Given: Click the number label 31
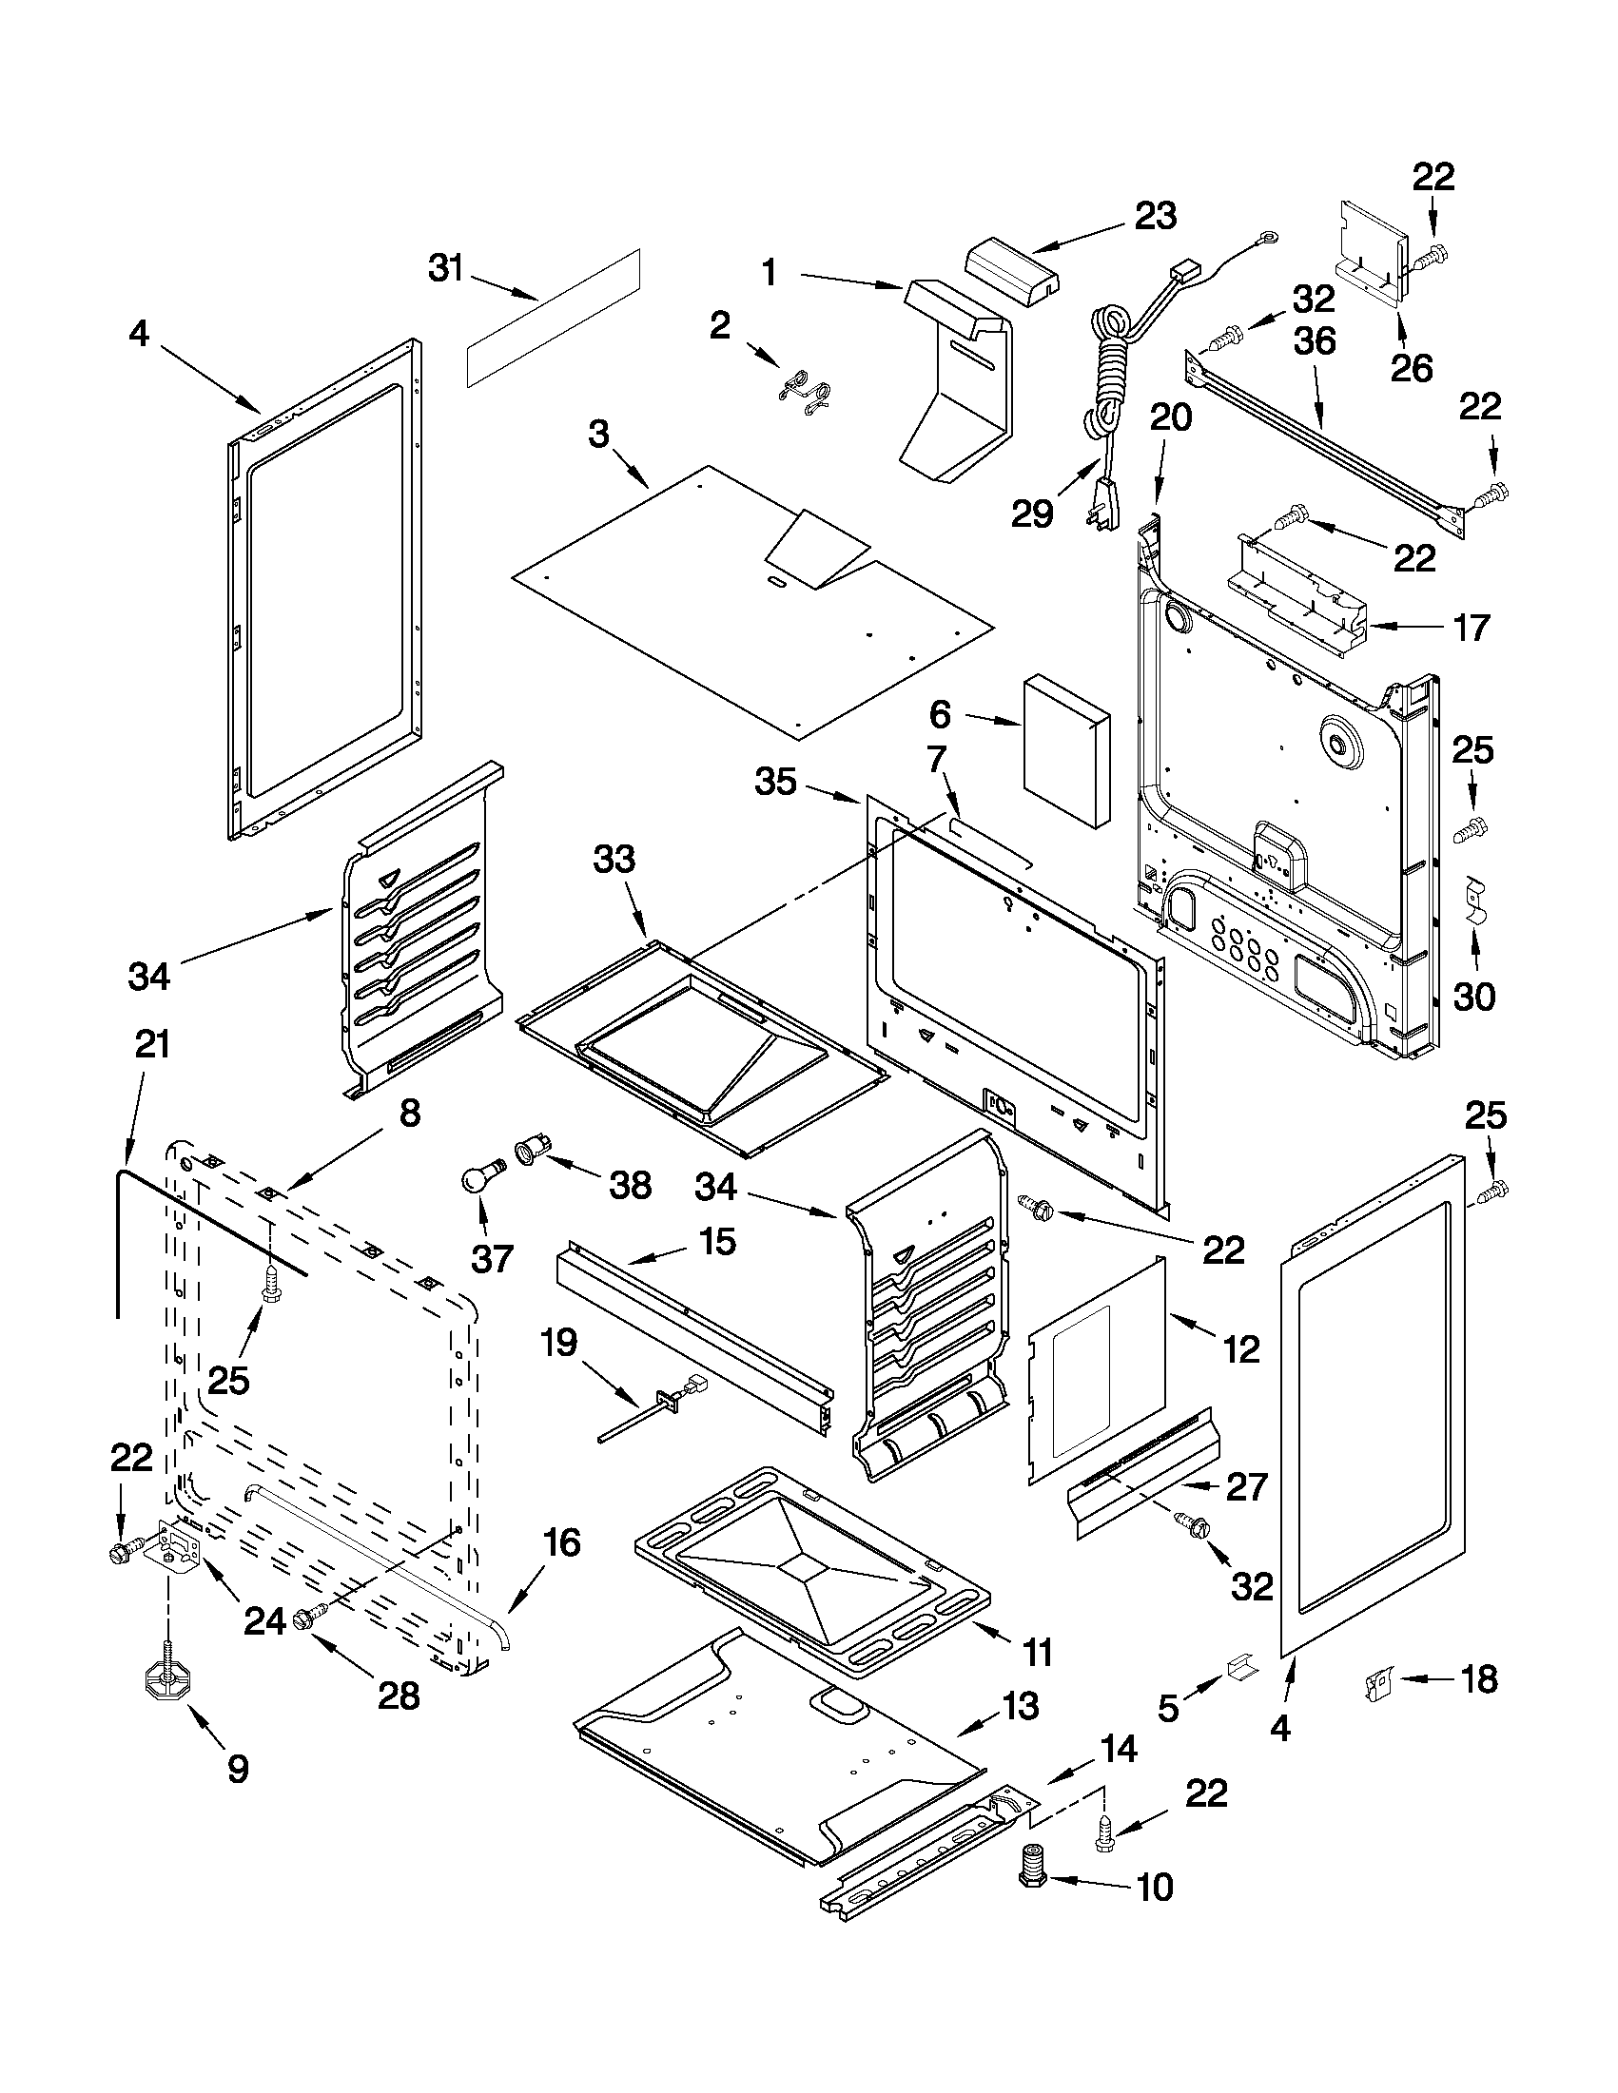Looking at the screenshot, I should coord(446,270).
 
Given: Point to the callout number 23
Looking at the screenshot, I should coord(1155,216).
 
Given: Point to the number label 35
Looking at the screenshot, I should coord(775,782).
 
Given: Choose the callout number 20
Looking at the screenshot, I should coord(1170,417).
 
